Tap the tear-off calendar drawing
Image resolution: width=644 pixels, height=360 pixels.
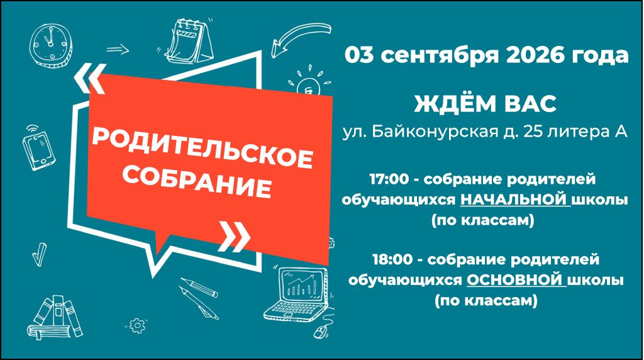[190, 41]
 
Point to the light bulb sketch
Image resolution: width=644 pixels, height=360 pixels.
[309, 81]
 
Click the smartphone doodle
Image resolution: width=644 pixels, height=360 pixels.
[38, 149]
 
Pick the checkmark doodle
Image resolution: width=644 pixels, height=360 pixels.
[40, 254]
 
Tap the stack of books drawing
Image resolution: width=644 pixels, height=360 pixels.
[55, 318]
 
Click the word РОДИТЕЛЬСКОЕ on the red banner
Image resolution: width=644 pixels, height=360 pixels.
[203, 147]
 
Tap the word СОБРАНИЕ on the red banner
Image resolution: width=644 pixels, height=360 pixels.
[197, 181]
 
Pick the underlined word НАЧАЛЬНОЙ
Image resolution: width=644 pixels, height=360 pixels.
[516, 200]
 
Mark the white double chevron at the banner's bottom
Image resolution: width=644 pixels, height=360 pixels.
[235, 237]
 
